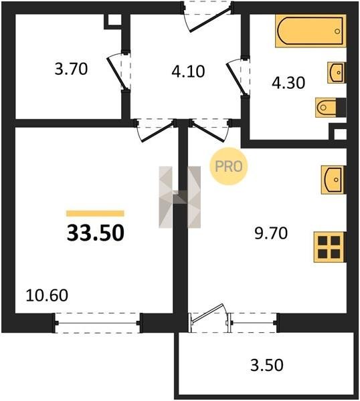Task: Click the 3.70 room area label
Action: (x=71, y=69)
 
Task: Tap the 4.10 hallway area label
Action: (x=188, y=72)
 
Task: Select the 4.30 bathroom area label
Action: (x=288, y=83)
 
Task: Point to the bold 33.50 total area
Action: (x=96, y=233)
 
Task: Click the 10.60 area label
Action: (x=47, y=295)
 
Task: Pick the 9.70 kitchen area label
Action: (x=271, y=233)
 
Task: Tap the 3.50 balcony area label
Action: (x=267, y=365)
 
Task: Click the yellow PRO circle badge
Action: (x=229, y=166)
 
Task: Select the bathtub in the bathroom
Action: (x=311, y=31)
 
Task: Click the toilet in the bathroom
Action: (x=331, y=108)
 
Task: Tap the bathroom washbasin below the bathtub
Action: (x=337, y=73)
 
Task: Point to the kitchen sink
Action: (x=333, y=180)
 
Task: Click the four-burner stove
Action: (x=330, y=247)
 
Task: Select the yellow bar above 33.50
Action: (x=95, y=213)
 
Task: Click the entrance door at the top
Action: (x=208, y=17)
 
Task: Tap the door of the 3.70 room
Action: (x=119, y=71)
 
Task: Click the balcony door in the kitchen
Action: (x=209, y=317)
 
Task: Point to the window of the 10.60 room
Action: (x=98, y=323)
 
